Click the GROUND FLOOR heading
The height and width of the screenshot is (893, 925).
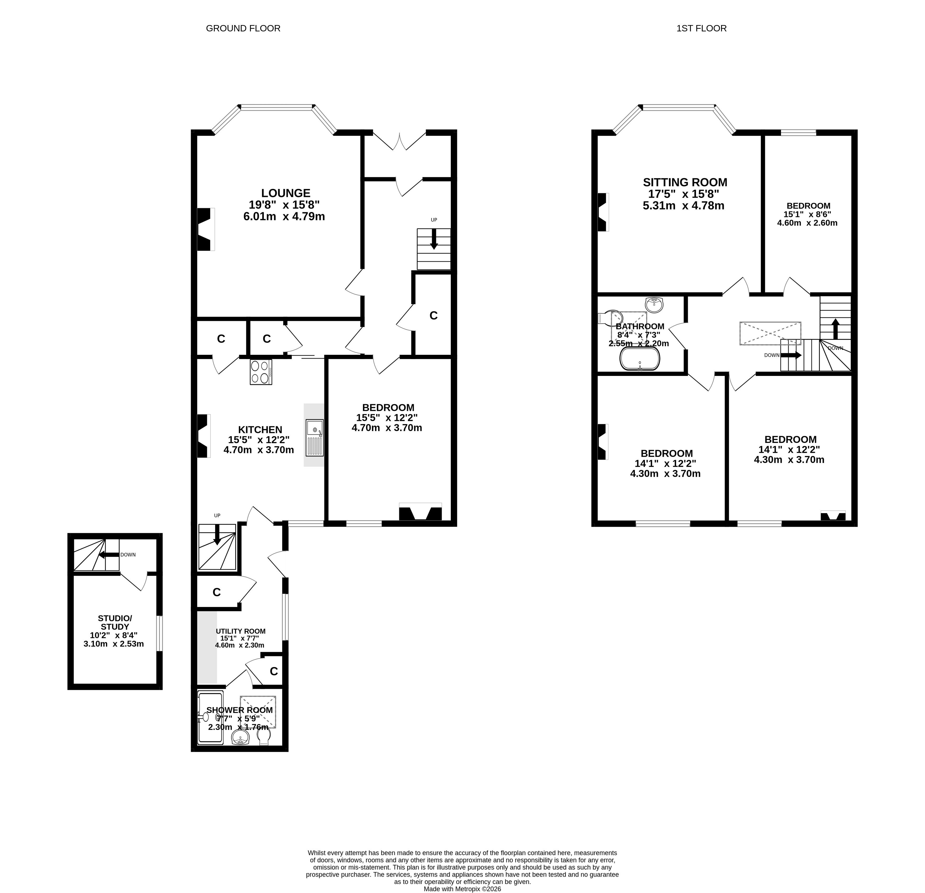coord(243,28)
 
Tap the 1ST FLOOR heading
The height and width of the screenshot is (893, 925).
coord(701,28)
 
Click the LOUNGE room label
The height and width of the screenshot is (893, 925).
coord(286,193)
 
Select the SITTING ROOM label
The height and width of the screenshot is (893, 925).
coord(685,182)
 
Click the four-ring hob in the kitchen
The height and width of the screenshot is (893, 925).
coord(261,372)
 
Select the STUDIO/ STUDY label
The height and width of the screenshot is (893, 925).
coord(115,623)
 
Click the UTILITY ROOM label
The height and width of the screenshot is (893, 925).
coord(241,631)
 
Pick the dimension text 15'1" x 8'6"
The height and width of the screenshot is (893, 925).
coord(807,214)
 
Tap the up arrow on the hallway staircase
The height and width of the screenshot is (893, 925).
coord(434,239)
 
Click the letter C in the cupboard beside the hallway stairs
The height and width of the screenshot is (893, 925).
coord(433,315)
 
